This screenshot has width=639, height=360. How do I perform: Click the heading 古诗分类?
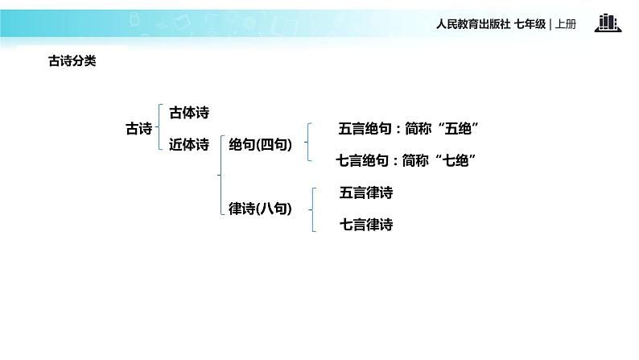[72, 60]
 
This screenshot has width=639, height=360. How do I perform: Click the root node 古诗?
[139, 128]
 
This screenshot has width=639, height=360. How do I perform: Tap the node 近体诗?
[189, 145]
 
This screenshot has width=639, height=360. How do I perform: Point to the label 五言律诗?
[366, 193]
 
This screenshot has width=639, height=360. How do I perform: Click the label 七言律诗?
[366, 225]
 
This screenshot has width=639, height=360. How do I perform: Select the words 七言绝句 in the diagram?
[363, 161]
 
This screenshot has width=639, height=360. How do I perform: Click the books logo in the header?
[608, 23]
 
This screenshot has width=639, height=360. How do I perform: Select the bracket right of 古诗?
[161, 128]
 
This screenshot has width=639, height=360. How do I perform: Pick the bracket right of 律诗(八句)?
[311, 209]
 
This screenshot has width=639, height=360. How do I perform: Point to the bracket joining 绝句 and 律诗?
[220, 177]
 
